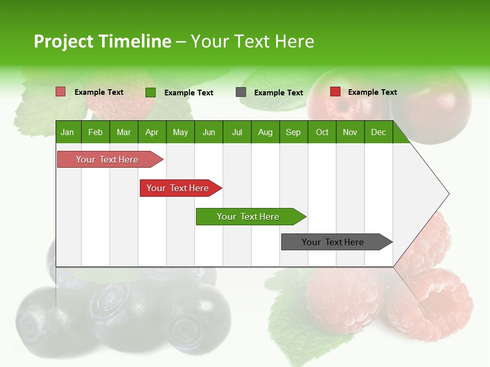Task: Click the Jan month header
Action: coord(67,132)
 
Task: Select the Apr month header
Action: coord(152,132)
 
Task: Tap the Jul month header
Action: coord(237,132)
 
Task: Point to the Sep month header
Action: coord(293,132)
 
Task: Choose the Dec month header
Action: coord(378,132)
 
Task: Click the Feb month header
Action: coord(95,132)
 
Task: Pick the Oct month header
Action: coord(322,132)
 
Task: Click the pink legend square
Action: coord(61,92)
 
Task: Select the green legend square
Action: coord(151,92)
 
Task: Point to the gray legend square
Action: coord(241,92)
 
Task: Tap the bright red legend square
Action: coord(335,92)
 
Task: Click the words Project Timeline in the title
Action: coord(103,41)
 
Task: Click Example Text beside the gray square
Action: coord(279,93)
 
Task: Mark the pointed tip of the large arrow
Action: coord(448,194)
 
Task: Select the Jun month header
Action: coord(209,132)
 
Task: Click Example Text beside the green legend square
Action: coord(189,93)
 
